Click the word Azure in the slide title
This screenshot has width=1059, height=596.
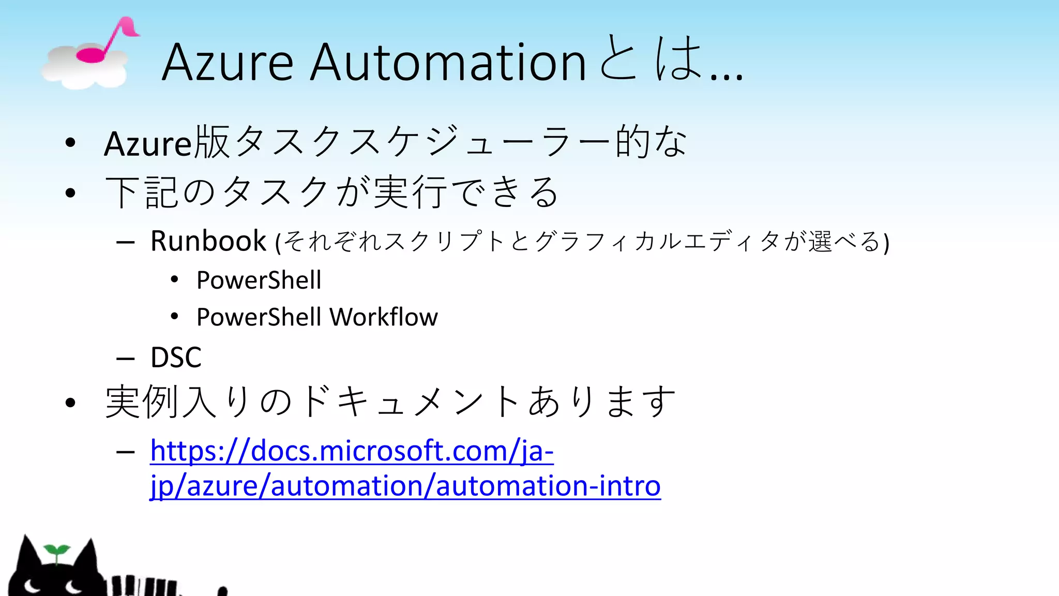tap(228, 63)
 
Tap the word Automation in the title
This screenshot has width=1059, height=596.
tap(448, 63)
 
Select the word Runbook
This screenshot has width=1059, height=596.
tap(208, 241)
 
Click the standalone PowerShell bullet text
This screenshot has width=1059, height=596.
tap(259, 280)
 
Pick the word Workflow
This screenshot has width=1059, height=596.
tap(384, 317)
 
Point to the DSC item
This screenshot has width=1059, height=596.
tap(176, 357)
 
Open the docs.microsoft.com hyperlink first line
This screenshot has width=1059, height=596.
tap(352, 451)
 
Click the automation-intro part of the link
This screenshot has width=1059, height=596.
tap(548, 486)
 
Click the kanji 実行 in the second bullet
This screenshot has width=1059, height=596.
tap(410, 192)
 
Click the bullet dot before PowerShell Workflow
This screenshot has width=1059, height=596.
tap(175, 317)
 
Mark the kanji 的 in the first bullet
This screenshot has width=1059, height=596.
tap(632, 142)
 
